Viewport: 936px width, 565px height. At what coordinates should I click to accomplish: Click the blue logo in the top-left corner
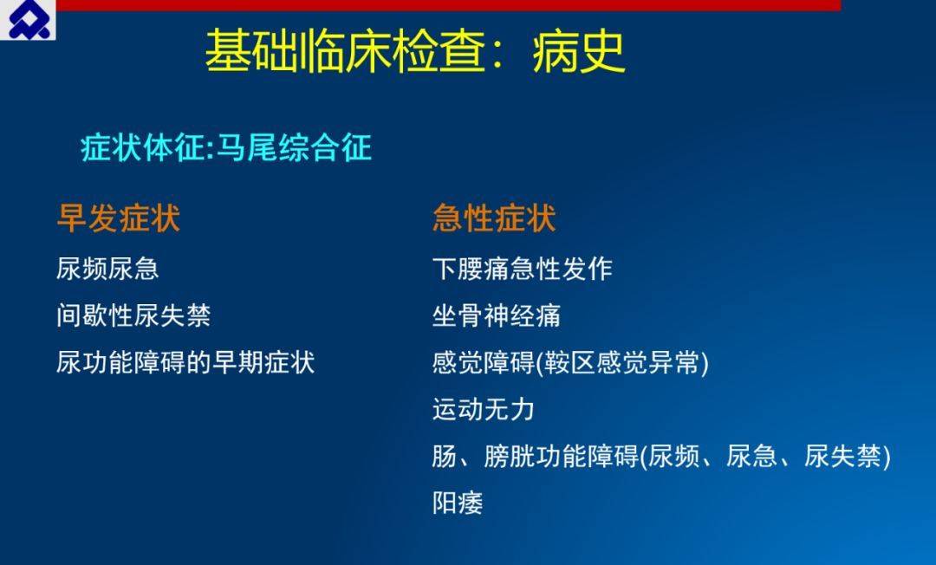click(28, 20)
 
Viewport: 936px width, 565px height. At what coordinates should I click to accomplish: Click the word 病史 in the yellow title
click(578, 51)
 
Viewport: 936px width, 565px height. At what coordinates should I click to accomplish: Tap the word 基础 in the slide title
click(250, 51)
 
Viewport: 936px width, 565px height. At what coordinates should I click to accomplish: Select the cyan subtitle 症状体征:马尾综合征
click(226, 147)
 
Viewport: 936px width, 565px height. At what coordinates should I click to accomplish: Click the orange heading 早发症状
click(118, 218)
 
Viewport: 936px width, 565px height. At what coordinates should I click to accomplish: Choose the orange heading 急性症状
click(494, 218)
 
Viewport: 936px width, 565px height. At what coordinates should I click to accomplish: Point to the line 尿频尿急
click(107, 269)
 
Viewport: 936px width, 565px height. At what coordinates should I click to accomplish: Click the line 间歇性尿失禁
click(133, 315)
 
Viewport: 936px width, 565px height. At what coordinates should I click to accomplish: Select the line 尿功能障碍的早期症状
click(185, 362)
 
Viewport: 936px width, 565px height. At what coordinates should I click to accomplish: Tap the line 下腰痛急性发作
click(523, 269)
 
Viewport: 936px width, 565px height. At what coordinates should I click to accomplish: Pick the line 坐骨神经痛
click(497, 315)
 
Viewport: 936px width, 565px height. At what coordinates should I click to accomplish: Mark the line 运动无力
click(484, 409)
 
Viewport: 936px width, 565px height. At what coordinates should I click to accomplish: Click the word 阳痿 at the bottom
click(458, 503)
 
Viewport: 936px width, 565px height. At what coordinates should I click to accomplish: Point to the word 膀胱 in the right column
click(510, 456)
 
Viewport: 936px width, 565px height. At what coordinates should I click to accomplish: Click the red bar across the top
click(448, 5)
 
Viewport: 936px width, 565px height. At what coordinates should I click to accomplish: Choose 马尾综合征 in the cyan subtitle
click(294, 147)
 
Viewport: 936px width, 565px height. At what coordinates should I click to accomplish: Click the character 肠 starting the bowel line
click(445, 456)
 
